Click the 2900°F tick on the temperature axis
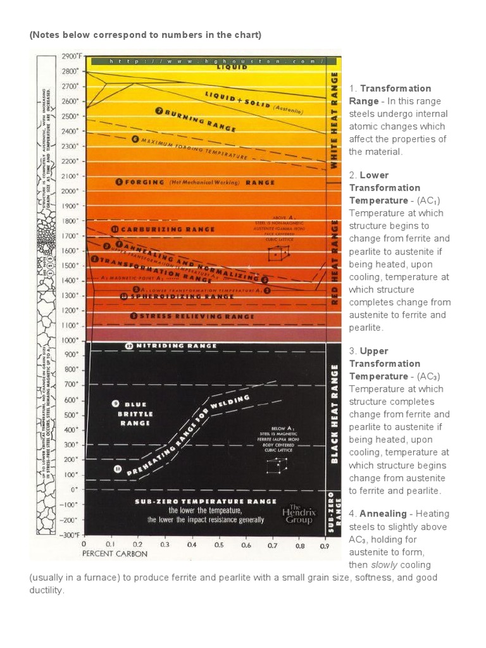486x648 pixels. tap(70, 56)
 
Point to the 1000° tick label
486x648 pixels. tap(70, 340)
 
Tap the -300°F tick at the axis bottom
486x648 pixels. tap(70, 535)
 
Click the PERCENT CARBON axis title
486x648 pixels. tap(115, 554)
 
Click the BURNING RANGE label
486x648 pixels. tap(196, 119)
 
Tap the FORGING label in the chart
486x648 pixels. tap(136, 182)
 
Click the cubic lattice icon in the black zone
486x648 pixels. tap(274, 466)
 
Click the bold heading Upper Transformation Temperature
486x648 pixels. tap(384, 363)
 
